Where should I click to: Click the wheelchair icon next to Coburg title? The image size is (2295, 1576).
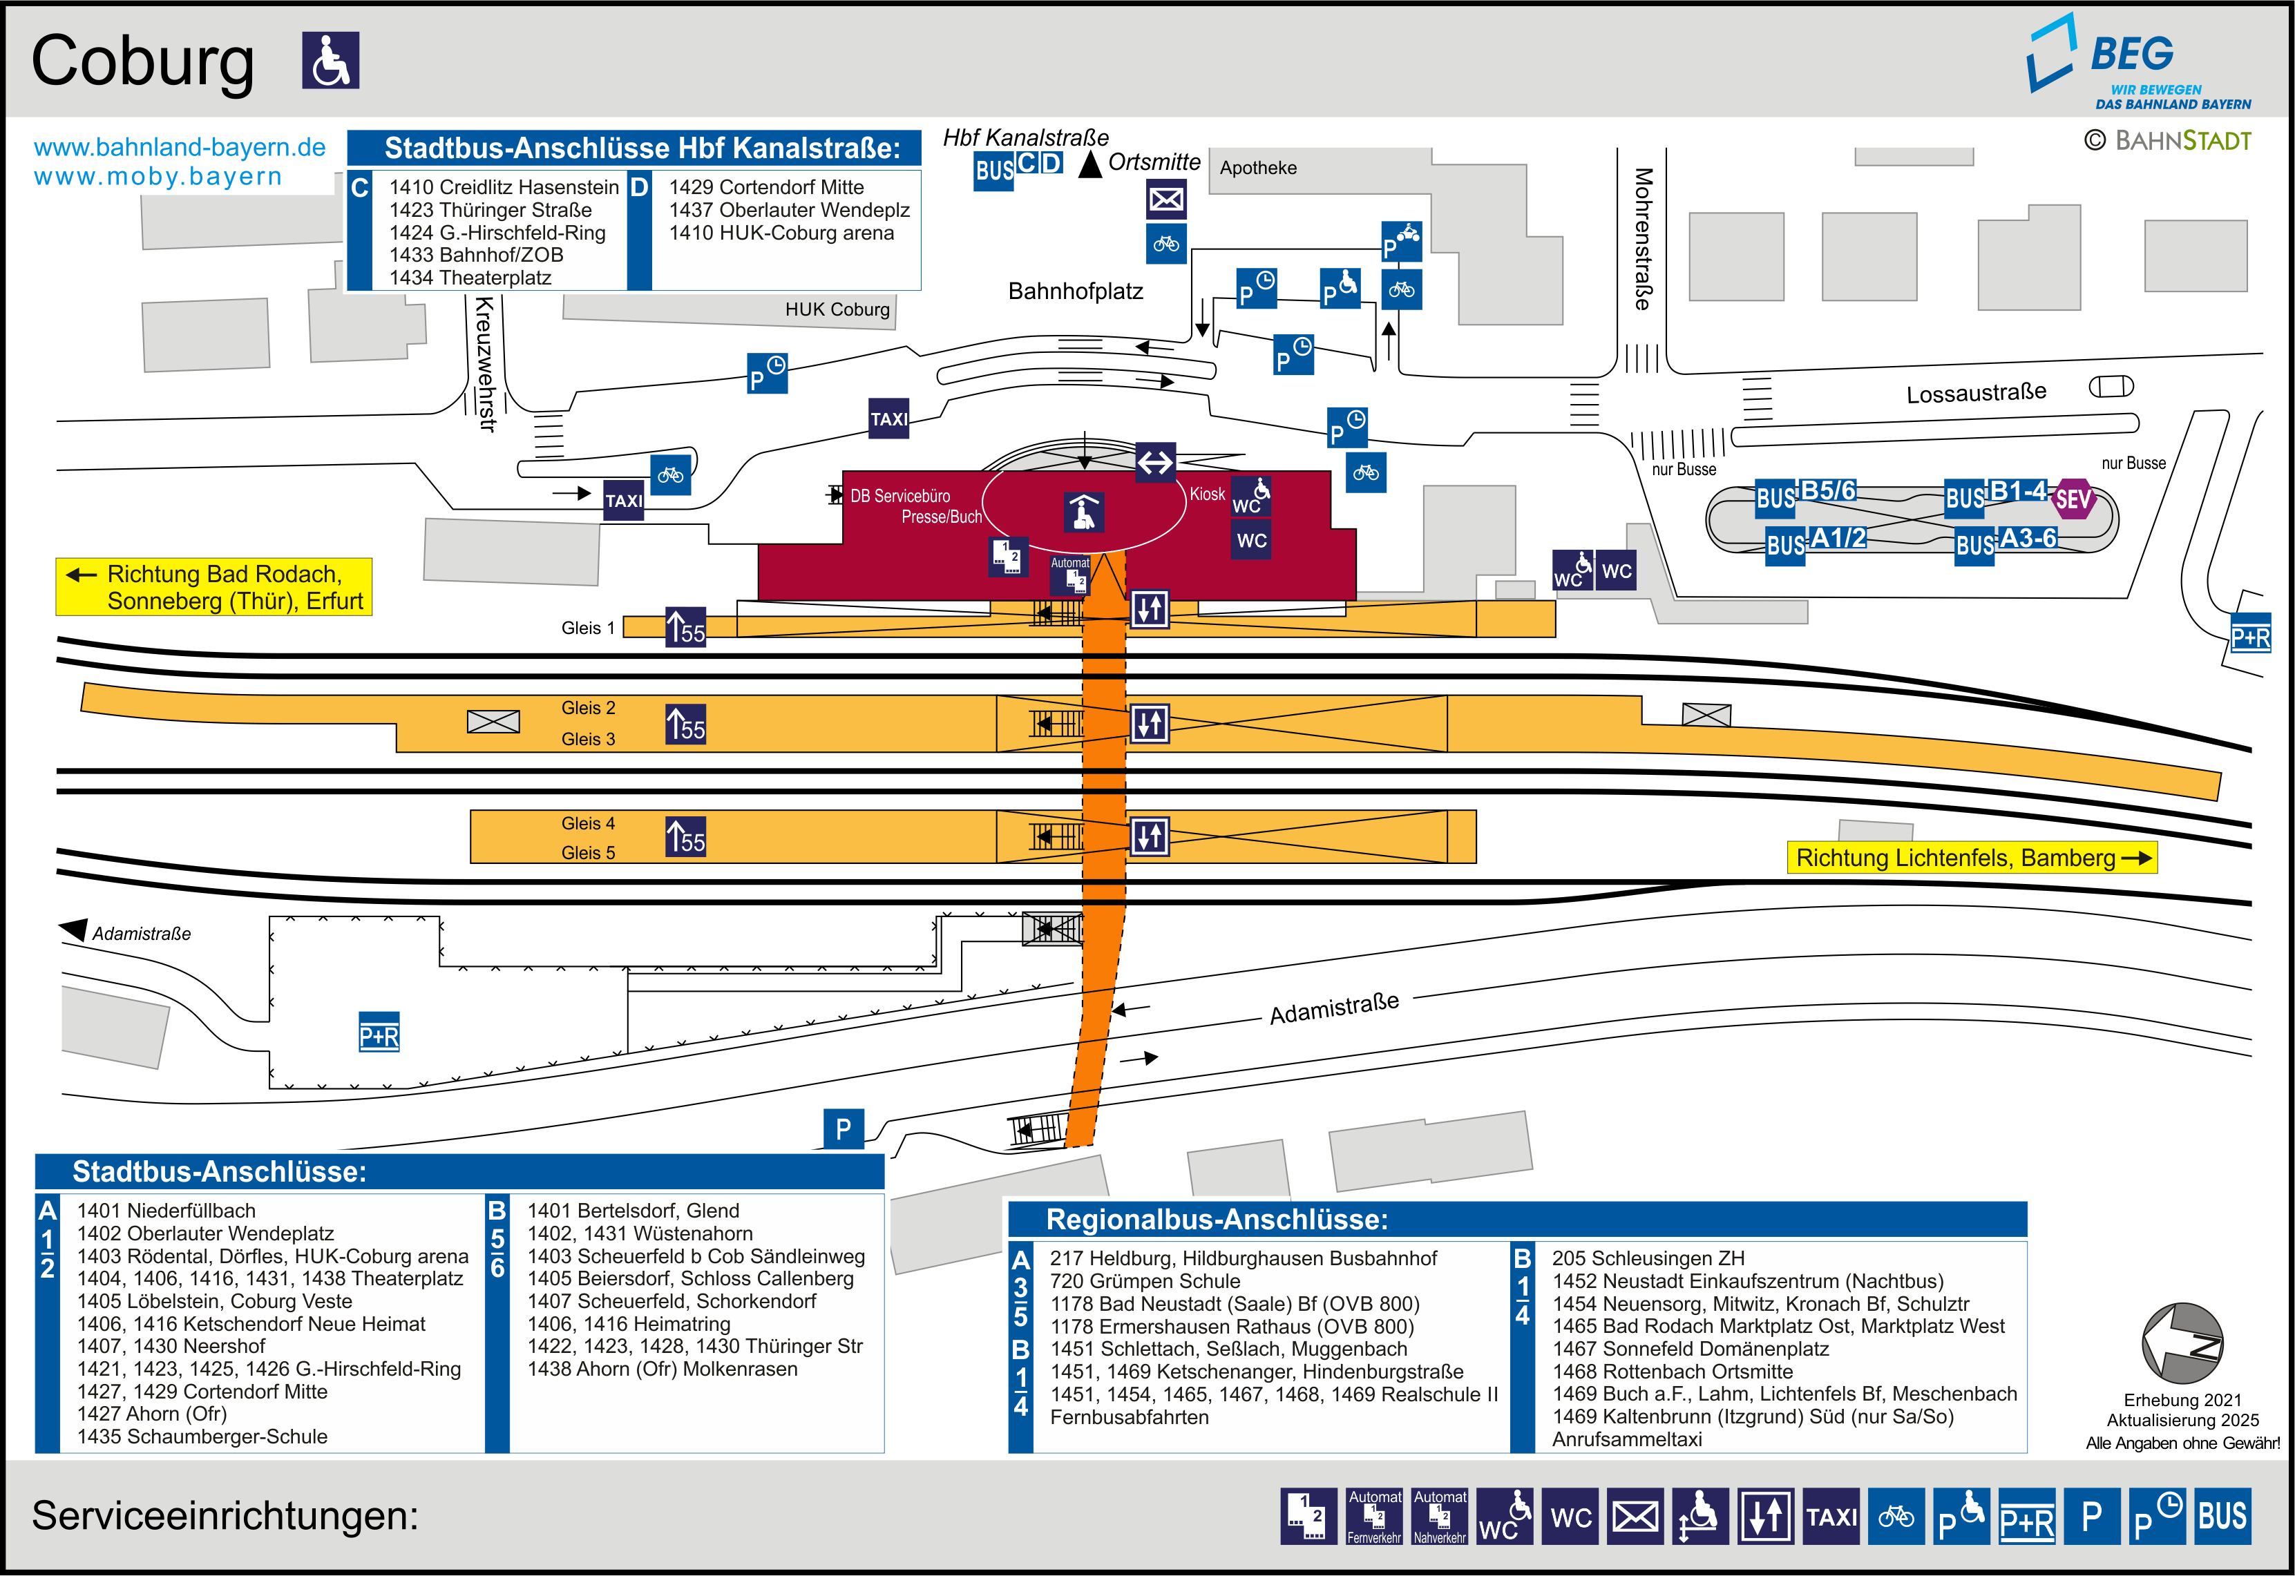tap(330, 60)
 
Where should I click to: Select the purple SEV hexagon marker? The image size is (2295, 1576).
tap(2072, 499)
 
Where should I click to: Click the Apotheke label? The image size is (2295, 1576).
tap(1257, 168)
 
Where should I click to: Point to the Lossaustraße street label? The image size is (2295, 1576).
tap(1975, 394)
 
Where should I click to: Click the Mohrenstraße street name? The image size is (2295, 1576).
tap(1642, 238)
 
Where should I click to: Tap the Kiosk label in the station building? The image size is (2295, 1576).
tap(1207, 494)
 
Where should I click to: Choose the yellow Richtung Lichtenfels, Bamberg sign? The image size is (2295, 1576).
tap(1971, 857)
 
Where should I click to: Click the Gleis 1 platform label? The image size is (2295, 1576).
tap(588, 628)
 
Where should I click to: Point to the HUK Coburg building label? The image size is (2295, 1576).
tap(837, 309)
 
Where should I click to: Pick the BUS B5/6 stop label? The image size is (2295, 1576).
tap(1805, 494)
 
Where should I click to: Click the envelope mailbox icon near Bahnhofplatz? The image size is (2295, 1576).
tap(1165, 200)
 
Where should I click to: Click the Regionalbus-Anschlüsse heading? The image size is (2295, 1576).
tap(1217, 1220)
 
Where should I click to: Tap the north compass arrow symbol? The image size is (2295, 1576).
tap(2182, 1343)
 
